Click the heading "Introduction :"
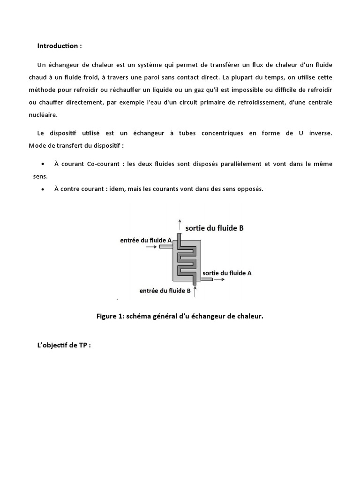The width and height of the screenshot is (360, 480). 60,46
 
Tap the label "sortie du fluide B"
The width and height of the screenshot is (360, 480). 215,228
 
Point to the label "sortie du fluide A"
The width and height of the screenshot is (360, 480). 227,272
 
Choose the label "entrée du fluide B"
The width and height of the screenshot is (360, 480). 165,291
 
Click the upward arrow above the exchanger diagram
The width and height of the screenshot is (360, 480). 179,225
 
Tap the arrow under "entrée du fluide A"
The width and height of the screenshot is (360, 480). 151,247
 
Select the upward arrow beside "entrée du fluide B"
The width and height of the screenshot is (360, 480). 195,292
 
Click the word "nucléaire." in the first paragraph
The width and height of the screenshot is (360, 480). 42,113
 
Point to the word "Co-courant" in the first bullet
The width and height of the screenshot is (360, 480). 104,164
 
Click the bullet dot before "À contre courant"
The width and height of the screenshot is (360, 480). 43,189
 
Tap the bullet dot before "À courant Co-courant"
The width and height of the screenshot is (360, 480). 43,164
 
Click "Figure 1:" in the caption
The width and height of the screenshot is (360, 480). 110,316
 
